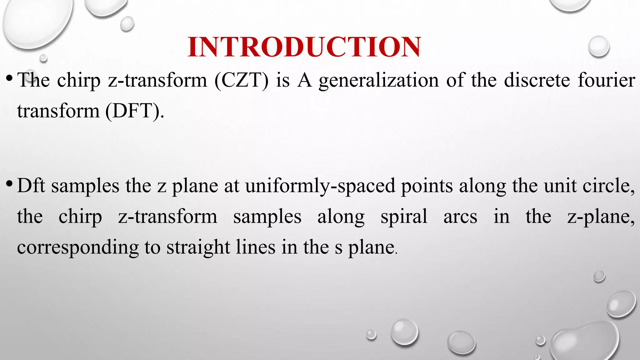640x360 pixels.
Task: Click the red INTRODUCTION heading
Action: tap(304, 47)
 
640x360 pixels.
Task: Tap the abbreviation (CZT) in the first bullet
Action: tap(241, 80)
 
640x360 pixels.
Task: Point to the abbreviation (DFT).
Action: tap(134, 111)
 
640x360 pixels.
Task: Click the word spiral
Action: tap(404, 217)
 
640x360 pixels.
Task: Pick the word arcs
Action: tap(460, 217)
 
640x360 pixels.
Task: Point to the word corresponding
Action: tap(77, 247)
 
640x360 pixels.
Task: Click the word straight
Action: tap(198, 247)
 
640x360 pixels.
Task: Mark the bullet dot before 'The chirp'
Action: tap(9, 77)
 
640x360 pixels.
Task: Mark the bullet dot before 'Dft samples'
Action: tap(9, 182)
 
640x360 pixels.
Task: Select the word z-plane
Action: tap(601, 217)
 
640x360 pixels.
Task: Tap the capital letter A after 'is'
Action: tap(304, 80)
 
